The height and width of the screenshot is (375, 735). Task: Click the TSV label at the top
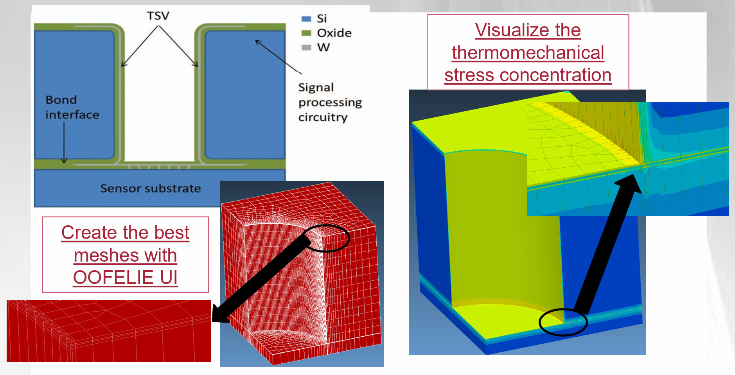tap(158, 16)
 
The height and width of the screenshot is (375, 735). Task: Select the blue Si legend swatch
tap(306, 19)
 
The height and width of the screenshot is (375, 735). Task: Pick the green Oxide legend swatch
tap(306, 33)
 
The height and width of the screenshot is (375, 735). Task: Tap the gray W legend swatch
tap(306, 47)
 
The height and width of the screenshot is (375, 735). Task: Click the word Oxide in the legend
tap(334, 33)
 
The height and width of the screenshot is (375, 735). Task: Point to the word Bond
tap(61, 100)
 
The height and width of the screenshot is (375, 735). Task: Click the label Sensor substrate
tap(151, 188)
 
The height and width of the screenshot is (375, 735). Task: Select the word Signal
tap(316, 88)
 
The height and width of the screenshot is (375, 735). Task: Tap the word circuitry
tap(323, 117)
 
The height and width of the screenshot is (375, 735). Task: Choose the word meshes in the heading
tap(106, 255)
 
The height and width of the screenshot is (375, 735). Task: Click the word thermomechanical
tap(528, 53)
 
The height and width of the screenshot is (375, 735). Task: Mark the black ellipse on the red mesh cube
tap(327, 238)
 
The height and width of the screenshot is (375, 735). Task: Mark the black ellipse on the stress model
tap(563, 322)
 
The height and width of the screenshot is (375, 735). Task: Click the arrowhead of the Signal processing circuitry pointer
tap(258, 42)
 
